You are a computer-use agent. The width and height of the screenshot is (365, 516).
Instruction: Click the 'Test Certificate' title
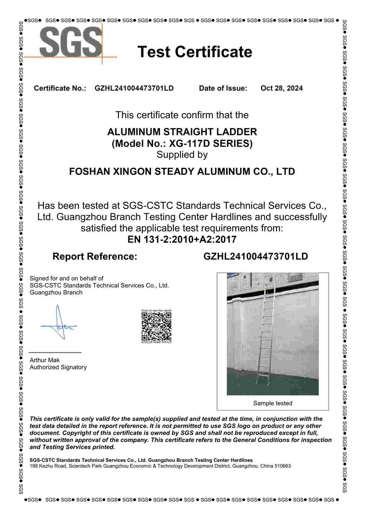coord(195,52)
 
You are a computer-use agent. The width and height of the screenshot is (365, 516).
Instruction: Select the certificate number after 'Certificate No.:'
coord(134,88)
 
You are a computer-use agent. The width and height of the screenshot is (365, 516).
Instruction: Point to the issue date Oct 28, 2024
coord(281,88)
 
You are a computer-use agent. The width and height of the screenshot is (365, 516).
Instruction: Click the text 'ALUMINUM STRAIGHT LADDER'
coord(182,132)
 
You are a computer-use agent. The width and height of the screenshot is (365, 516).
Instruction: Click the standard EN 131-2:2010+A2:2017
coord(182,239)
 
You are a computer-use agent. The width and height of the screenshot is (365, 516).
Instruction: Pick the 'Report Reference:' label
coord(95,257)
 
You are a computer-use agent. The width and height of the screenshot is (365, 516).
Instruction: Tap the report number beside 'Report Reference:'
coord(255,257)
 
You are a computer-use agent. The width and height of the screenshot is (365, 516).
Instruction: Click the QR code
coord(156,326)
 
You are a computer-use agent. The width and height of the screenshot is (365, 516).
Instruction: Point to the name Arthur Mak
coord(44,360)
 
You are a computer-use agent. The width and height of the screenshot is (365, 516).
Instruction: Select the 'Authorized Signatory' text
coord(58,367)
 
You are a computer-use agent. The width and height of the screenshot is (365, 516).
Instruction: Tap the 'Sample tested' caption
coord(273,403)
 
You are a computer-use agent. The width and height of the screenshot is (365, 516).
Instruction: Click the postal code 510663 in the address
coord(283,466)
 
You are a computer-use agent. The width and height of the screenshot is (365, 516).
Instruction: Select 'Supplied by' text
coord(182,155)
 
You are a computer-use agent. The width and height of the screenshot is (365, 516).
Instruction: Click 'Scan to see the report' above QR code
coord(156,311)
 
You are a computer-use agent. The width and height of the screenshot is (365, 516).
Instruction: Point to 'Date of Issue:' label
coord(223,88)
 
